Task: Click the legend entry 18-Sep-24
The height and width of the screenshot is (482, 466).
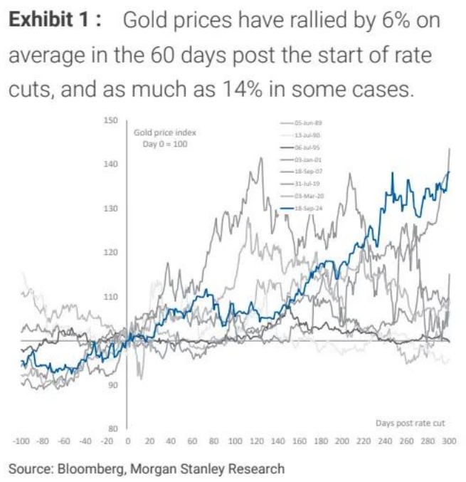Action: tap(307, 209)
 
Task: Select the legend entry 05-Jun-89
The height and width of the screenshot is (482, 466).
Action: tap(307, 123)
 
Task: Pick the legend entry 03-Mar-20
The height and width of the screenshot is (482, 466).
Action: tap(307, 196)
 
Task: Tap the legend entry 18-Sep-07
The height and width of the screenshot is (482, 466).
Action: tap(307, 172)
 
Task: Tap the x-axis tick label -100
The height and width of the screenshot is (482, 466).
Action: tap(21, 442)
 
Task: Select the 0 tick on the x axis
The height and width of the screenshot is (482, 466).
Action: tap(127, 442)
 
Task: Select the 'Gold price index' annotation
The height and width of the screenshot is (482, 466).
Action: tap(164, 132)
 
